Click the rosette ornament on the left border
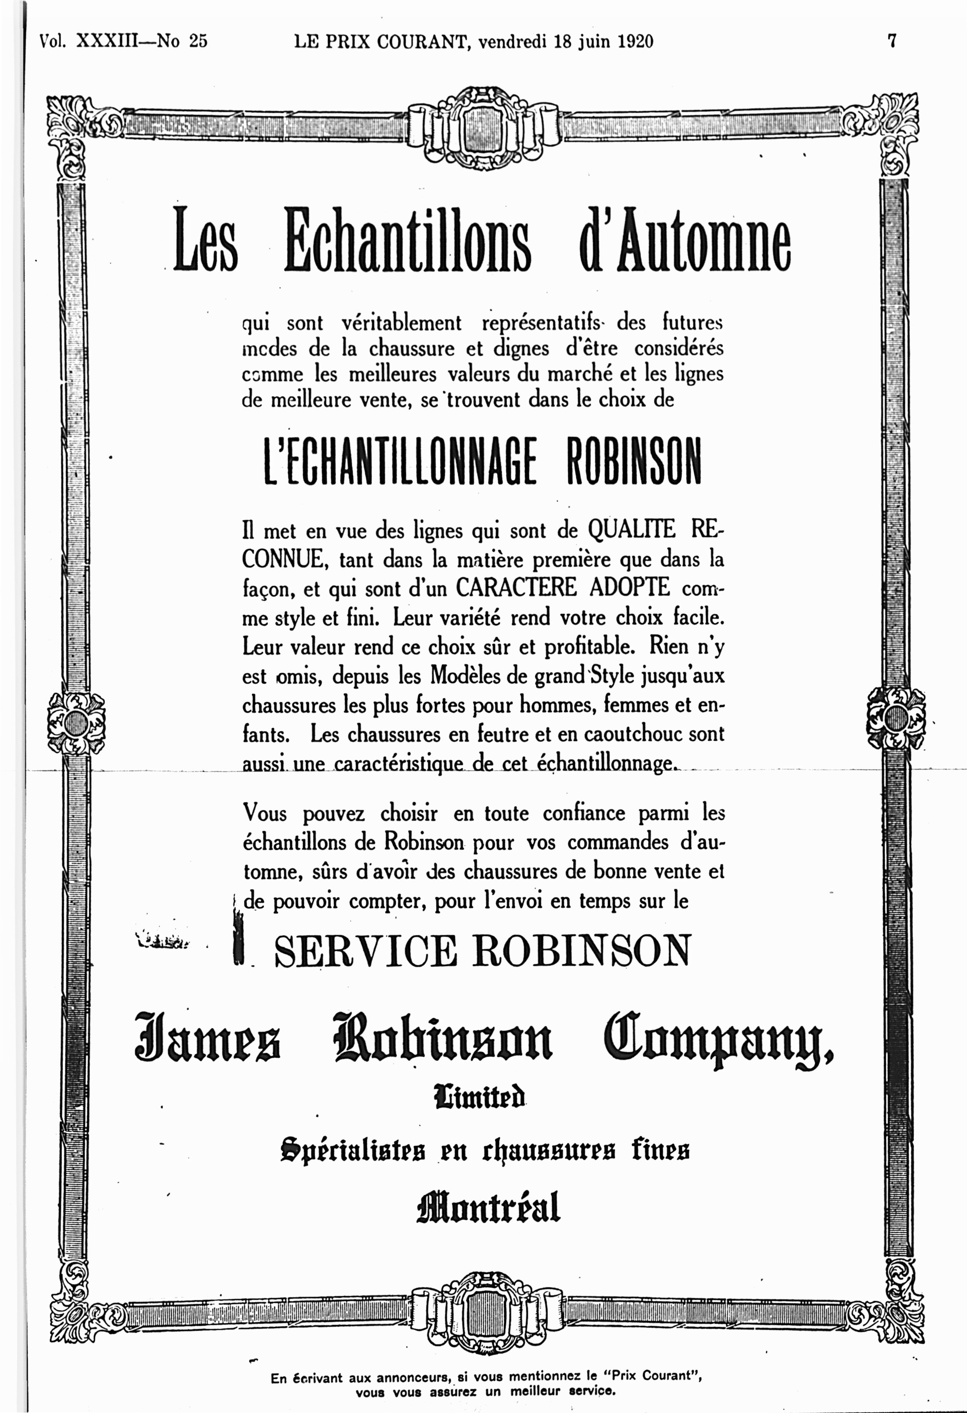[76, 722]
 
